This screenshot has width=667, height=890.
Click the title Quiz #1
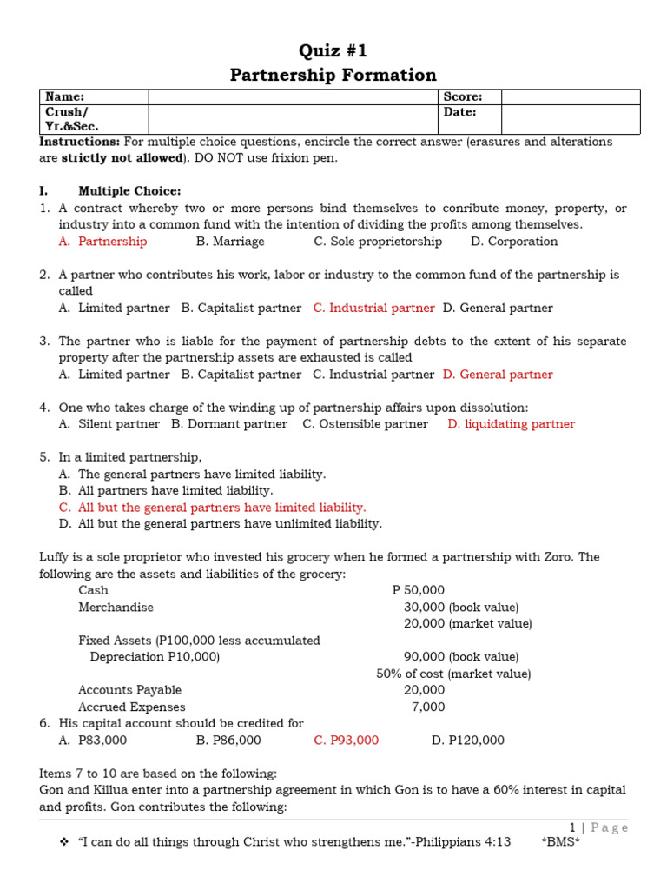click(333, 50)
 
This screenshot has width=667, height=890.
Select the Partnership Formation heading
click(333, 75)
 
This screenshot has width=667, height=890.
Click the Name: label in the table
click(65, 97)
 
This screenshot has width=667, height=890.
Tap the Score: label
click(462, 97)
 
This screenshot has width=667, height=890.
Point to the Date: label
click(460, 112)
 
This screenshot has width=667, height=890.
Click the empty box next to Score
click(570, 97)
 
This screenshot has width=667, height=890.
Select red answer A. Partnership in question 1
click(102, 242)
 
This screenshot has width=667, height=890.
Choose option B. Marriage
click(230, 242)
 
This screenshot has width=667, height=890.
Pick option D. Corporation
click(514, 242)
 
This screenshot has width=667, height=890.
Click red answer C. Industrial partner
click(373, 308)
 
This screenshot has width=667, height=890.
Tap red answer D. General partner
click(497, 375)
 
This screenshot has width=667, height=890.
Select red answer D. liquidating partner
click(511, 424)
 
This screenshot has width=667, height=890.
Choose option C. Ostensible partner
click(365, 424)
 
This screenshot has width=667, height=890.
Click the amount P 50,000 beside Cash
click(418, 590)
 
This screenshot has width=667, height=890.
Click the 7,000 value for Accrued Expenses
click(427, 707)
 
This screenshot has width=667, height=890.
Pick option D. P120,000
click(467, 741)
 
